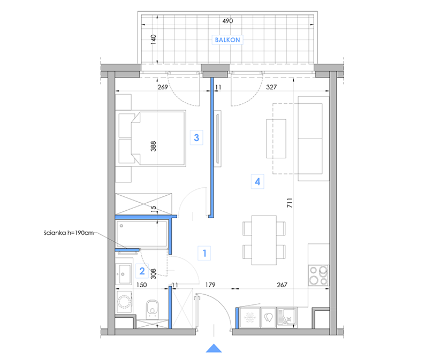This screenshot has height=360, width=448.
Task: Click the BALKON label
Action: [227, 40]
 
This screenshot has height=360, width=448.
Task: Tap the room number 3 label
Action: [196, 137]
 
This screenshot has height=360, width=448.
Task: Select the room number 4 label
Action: [257, 181]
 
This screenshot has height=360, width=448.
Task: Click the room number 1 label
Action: [204, 253]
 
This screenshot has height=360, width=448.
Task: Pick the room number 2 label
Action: [142, 271]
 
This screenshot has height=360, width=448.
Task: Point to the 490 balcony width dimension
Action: [227, 21]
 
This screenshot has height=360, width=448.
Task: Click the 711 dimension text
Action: [290, 203]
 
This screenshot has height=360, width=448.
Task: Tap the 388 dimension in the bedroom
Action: [154, 147]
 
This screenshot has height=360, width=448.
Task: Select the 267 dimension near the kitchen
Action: [282, 285]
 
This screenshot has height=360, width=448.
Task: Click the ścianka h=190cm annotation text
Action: [69, 233]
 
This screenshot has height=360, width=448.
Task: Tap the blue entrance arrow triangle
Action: [214, 348]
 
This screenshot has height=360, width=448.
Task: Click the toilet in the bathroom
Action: [152, 309]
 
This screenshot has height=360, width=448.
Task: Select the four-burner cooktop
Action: [318, 275]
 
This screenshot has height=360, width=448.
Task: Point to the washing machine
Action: [124, 302]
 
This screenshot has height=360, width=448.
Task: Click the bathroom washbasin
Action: [124, 274]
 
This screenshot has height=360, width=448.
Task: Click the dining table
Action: [264, 240]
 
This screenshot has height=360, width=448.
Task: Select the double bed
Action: [152, 138]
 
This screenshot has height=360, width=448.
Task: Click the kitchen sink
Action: [287, 317]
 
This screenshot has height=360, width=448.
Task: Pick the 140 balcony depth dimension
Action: [154, 39]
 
